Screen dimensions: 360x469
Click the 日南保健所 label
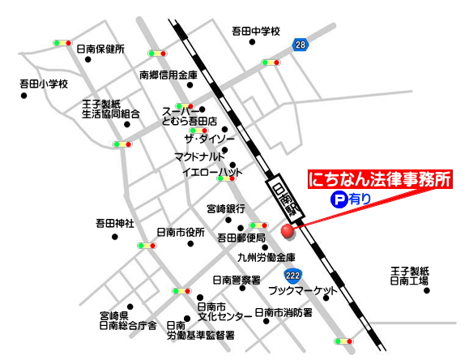100,49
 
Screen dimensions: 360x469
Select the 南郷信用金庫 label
168,75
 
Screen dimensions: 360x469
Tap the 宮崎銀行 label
225,208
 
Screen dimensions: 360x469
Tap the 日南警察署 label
236,281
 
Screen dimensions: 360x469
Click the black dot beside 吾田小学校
24,96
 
